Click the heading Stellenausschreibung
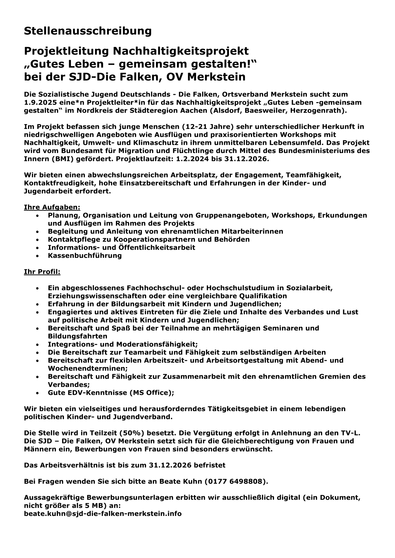(88, 31)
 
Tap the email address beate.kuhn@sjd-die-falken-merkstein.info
(103, 513)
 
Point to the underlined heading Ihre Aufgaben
(52, 207)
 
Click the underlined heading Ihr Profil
(42, 272)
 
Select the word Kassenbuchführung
(85, 255)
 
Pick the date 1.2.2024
(191, 159)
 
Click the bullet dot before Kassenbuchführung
(38, 256)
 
